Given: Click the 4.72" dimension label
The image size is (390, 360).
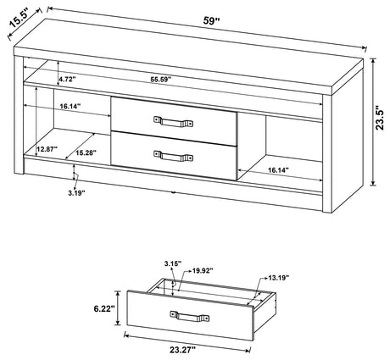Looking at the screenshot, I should point(68,79).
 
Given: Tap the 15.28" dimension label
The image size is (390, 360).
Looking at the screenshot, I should point(86,153).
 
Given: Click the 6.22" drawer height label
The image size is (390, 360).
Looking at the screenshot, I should point(105,311).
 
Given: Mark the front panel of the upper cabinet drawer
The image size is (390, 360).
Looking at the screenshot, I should point(173,115).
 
